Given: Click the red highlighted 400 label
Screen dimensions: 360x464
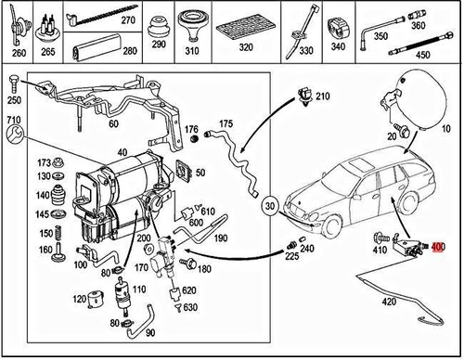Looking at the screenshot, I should coord(439,249).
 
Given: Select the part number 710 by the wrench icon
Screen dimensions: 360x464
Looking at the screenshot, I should coord(12,122).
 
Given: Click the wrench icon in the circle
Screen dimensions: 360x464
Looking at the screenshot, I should coord(13,138).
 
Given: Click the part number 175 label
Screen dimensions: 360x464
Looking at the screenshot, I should coord(225,122).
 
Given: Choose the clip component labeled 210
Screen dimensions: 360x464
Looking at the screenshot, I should coord(304,95).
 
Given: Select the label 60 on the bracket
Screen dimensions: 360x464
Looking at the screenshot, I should coord(114,122).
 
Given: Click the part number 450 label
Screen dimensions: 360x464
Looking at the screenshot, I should coord(424,54).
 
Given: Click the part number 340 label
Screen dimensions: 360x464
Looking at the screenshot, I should coord(339,47).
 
